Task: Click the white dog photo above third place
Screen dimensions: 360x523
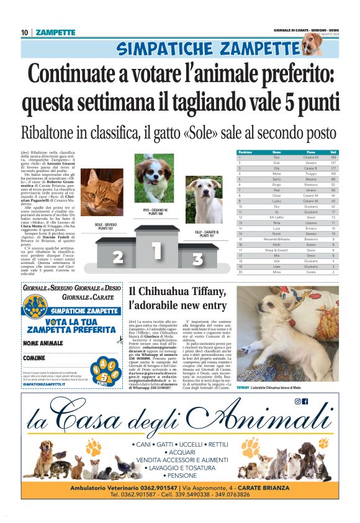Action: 204,200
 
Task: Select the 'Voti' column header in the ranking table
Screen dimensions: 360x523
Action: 333,152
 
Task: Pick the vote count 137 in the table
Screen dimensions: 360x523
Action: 333,163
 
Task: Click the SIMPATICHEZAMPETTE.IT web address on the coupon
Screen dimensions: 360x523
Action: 45,385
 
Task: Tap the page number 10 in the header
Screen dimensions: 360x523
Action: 25,32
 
